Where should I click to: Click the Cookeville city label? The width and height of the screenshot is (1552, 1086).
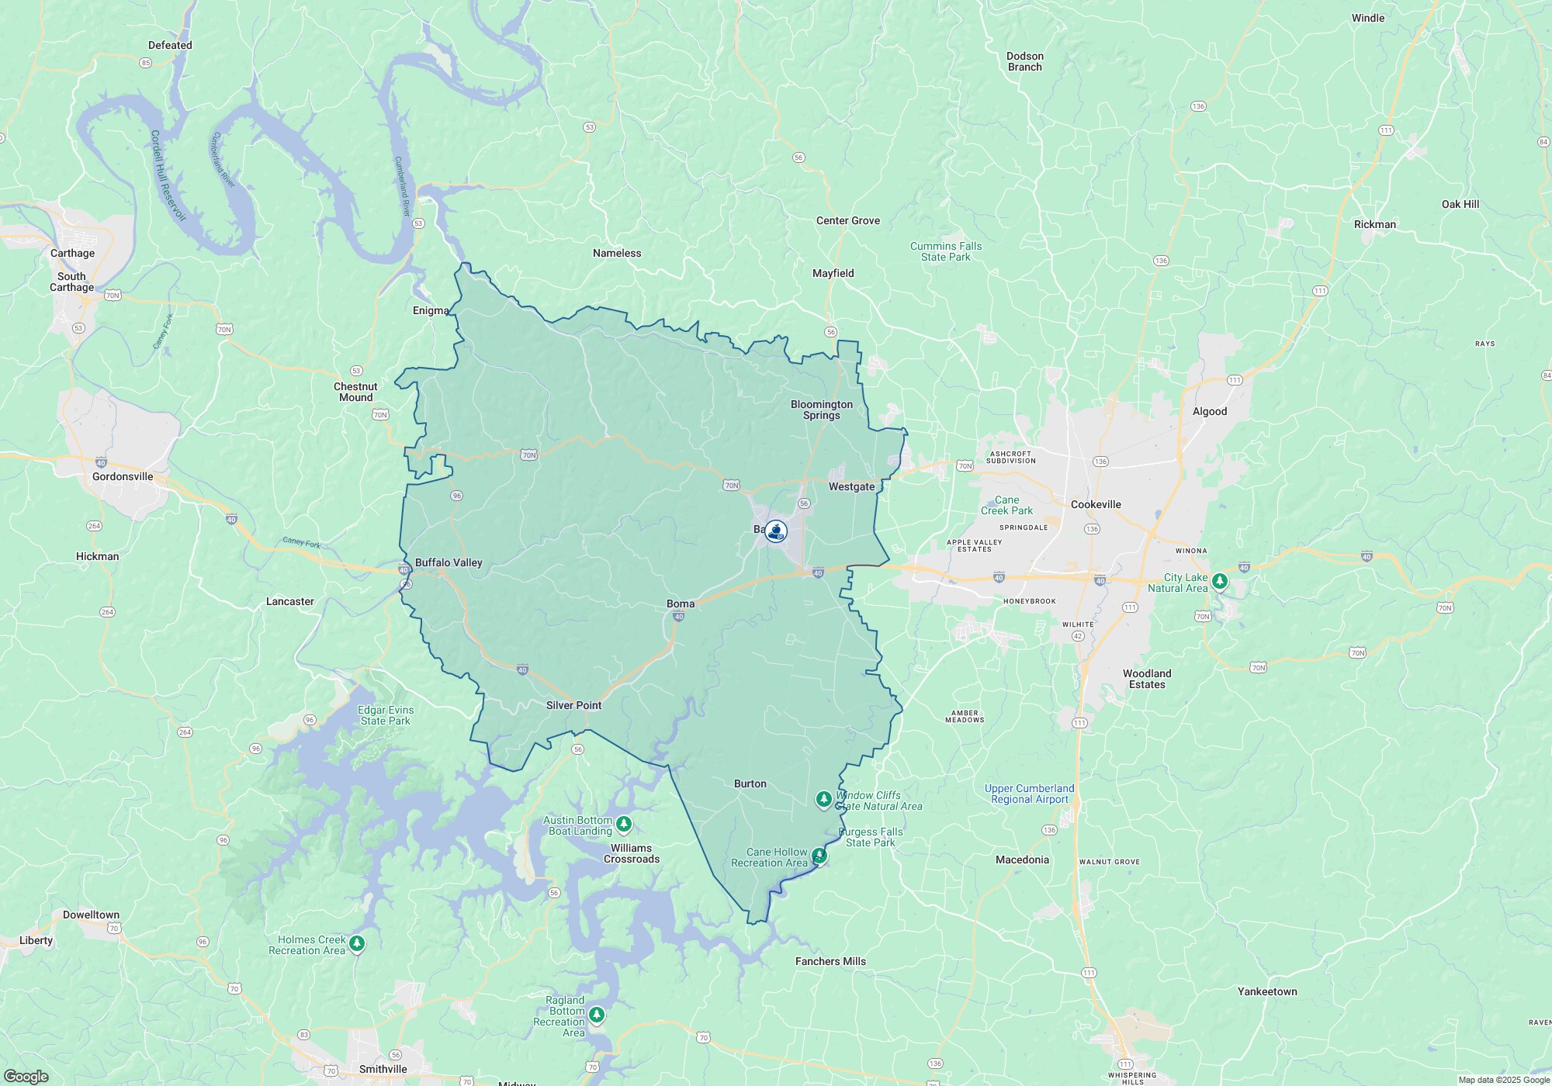pyautogui.click(x=1096, y=504)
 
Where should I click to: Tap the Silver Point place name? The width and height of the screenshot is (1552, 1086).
pyautogui.click(x=573, y=705)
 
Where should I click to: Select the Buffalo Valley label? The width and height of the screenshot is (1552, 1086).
pyautogui.click(x=449, y=562)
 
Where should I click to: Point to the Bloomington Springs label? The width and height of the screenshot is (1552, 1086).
pyautogui.click(x=821, y=410)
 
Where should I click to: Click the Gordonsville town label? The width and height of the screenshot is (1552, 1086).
pyautogui.click(x=123, y=476)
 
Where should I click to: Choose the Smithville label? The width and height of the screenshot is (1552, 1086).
pyautogui.click(x=383, y=1069)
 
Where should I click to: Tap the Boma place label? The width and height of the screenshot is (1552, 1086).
pyautogui.click(x=681, y=604)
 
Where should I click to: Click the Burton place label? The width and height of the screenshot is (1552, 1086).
pyautogui.click(x=750, y=783)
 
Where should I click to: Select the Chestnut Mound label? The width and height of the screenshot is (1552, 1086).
pyautogui.click(x=355, y=392)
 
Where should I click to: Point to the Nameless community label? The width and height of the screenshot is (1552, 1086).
pyautogui.click(x=617, y=253)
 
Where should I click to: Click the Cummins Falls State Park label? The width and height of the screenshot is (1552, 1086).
pyautogui.click(x=946, y=251)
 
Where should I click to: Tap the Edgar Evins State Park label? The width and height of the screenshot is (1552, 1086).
pyautogui.click(x=386, y=715)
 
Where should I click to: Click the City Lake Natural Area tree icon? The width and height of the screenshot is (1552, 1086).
pyautogui.click(x=1220, y=580)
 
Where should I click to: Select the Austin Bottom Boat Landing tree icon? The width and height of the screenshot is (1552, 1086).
pyautogui.click(x=624, y=824)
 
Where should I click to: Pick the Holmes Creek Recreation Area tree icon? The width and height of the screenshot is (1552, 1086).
pyautogui.click(x=357, y=943)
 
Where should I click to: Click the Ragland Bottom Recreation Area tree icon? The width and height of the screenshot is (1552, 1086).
pyautogui.click(x=596, y=1014)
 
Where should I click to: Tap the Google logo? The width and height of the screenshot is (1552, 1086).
pyautogui.click(x=26, y=1076)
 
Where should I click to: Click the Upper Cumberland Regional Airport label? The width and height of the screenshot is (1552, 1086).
pyautogui.click(x=1029, y=794)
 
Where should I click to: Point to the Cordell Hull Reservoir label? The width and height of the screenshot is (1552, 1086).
pyautogui.click(x=168, y=175)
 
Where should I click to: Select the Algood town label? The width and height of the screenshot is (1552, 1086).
pyautogui.click(x=1209, y=411)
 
